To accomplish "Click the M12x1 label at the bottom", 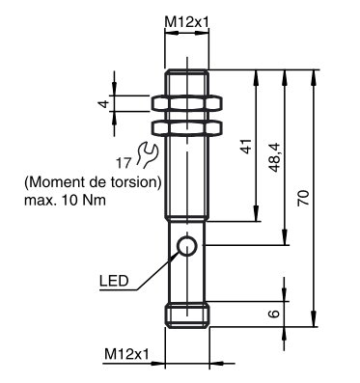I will [x=126, y=355].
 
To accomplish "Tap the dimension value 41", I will [x=245, y=146].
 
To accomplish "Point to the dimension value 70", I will [x=304, y=198].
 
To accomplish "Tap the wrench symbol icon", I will [x=148, y=151].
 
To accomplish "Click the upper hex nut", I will [x=187, y=101].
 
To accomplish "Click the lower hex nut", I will [x=187, y=126].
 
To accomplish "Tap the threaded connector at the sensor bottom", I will [x=187, y=315].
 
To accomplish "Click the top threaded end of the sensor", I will [x=187, y=77].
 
